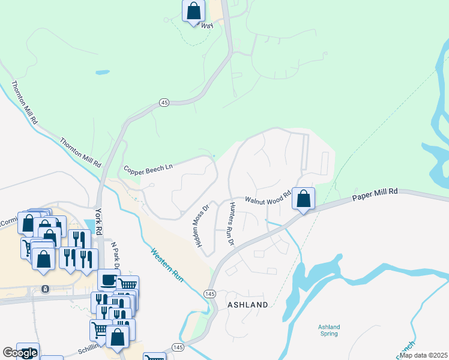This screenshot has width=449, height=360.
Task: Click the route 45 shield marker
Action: click(164, 103)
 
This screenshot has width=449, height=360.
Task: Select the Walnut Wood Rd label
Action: click(267, 199)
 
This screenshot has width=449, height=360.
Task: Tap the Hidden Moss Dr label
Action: click(200, 226)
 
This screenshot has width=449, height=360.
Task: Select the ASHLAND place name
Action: click(247, 305)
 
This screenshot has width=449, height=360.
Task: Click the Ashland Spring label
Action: click(329, 331)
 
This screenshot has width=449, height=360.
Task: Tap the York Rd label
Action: click(99, 220)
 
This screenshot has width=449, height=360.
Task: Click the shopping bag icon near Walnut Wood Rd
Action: click(304, 199)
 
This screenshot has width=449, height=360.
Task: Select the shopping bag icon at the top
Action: click(193, 11)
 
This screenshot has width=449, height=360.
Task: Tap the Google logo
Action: click(19, 353)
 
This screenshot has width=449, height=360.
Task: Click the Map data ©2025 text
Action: click(423, 355)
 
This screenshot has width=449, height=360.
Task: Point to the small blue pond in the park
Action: click(103, 73)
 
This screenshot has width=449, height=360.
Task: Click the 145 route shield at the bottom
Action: click(178, 347)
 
